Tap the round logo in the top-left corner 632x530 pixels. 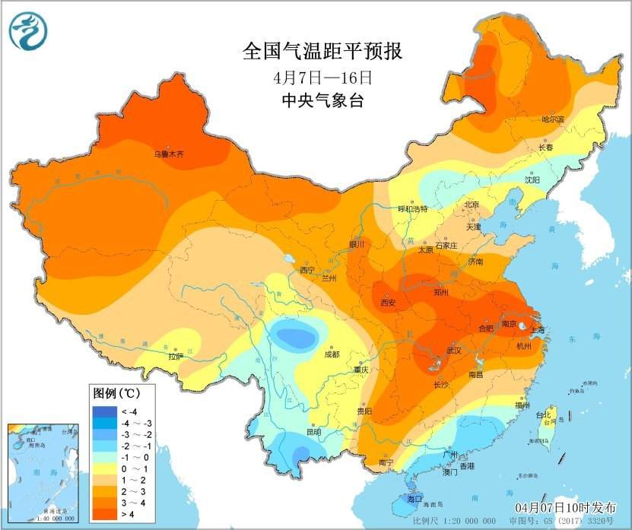click(28, 30)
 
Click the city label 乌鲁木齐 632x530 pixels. click(169, 154)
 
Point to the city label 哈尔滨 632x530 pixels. click(553, 119)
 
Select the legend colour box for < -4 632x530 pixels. click(105, 411)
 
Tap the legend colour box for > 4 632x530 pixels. click(105, 516)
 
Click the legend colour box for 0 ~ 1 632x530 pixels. click(105, 469)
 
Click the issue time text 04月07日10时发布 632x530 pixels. click(566, 506)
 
